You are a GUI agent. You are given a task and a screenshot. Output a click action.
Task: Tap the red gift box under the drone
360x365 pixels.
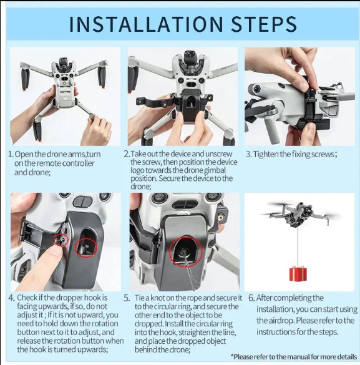coord(298,274)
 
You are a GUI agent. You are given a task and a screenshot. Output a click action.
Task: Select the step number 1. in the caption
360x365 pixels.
coord(11,154)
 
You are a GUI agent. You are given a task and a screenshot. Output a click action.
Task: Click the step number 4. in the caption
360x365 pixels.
coord(12,298)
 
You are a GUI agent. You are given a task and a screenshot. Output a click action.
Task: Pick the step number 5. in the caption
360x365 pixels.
coord(127,298)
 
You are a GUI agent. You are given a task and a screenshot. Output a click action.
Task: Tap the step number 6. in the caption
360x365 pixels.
coord(251,298)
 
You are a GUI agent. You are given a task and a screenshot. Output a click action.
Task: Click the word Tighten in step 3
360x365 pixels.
coord(264,154)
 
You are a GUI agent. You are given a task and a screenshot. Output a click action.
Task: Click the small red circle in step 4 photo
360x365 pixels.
coord(61,240)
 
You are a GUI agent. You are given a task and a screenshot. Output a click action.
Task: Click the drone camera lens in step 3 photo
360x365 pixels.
coord(256,89)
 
